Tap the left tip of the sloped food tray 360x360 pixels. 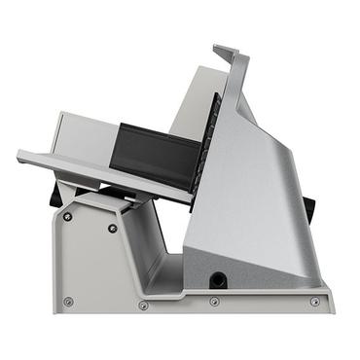point(22,155)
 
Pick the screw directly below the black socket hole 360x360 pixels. point(214,301)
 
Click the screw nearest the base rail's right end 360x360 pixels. point(314,302)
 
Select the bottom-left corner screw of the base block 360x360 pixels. point(67,302)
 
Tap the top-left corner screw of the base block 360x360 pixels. point(67,216)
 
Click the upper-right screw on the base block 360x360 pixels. point(113,228)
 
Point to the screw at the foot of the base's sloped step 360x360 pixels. point(143,306)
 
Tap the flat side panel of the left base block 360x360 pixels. point(92,263)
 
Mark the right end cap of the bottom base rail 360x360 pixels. point(329,302)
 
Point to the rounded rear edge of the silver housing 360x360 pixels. point(292,175)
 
